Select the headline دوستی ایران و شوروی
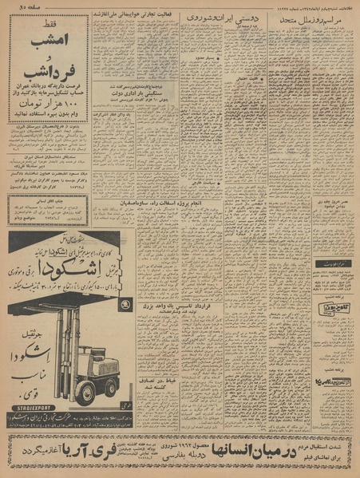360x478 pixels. (216, 17)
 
